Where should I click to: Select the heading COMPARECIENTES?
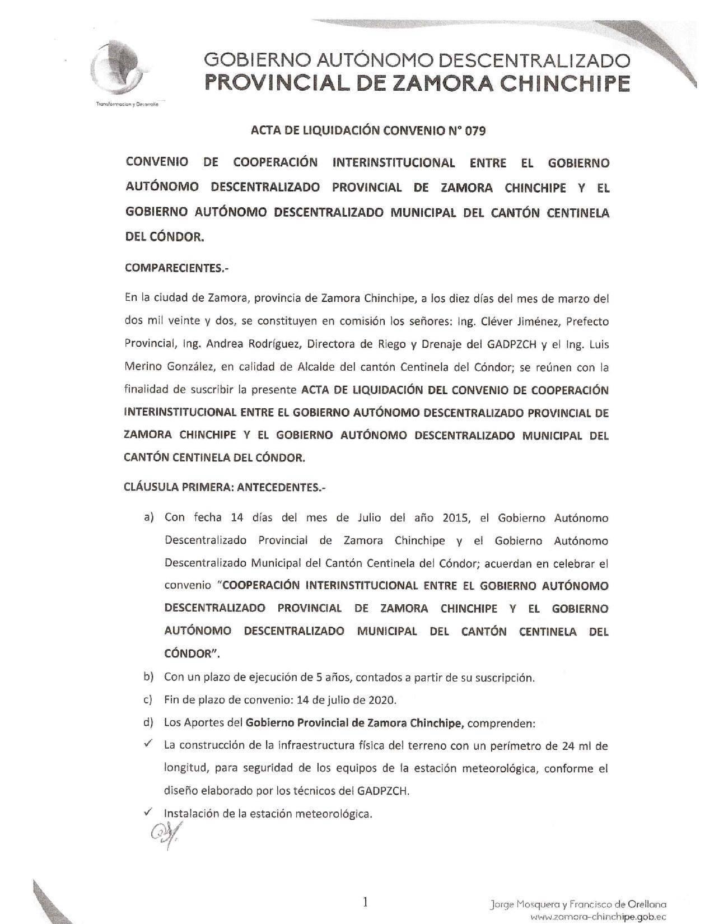coord(177,268)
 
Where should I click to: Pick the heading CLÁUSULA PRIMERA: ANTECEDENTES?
coord(225,487)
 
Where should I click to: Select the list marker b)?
coord(148,676)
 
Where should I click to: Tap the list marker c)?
coord(148,699)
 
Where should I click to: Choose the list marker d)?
coord(148,722)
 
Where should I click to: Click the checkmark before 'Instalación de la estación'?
coord(148,812)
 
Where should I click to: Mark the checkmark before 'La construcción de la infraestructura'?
coord(148,744)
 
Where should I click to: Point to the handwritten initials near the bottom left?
coord(163,836)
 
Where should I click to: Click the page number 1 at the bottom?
coord(365,902)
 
